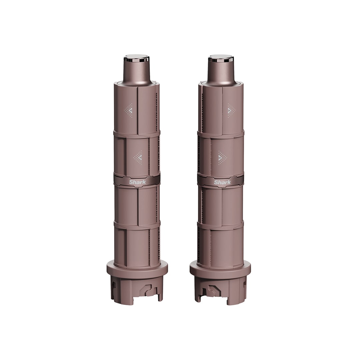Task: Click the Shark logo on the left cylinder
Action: pyautogui.click(x=137, y=182)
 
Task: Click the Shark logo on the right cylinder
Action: pyautogui.click(x=222, y=182)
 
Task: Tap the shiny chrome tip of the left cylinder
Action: pyautogui.click(x=137, y=58)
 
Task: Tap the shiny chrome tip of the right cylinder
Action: pyautogui.click(x=220, y=58)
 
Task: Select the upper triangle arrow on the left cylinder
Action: pyautogui.click(x=128, y=111)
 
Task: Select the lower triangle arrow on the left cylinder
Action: pyautogui.click(x=138, y=157)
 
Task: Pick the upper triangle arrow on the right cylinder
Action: pyautogui.click(x=231, y=111)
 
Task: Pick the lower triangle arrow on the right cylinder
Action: pyautogui.click(x=222, y=157)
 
